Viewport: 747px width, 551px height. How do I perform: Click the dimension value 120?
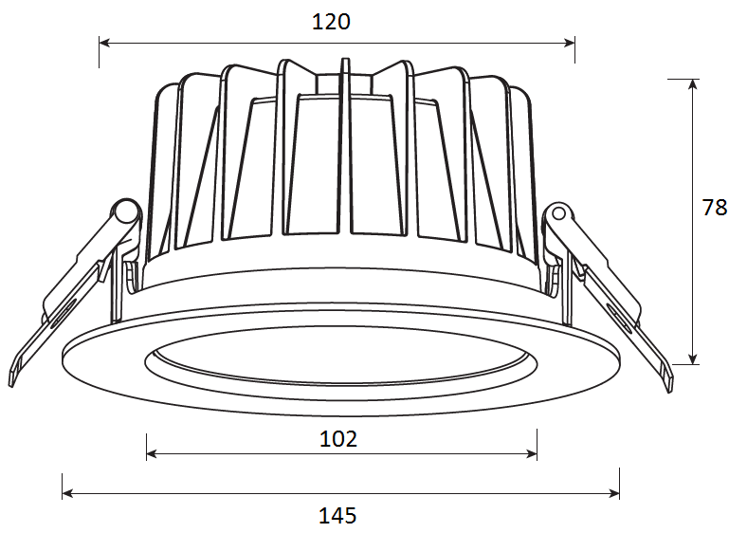(331, 22)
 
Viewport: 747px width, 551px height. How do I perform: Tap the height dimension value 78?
(715, 208)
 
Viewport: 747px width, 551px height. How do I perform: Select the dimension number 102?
(337, 439)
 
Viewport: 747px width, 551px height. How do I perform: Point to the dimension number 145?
(337, 516)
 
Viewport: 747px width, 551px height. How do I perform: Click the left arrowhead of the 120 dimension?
(105, 43)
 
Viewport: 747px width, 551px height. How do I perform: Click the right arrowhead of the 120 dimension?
(569, 43)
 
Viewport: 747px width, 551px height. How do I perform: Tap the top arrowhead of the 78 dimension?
(693, 84)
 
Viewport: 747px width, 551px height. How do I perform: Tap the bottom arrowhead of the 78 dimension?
(693, 358)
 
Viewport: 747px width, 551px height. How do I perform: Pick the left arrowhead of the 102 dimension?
(152, 453)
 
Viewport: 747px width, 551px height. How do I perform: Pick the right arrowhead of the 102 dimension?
(531, 453)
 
